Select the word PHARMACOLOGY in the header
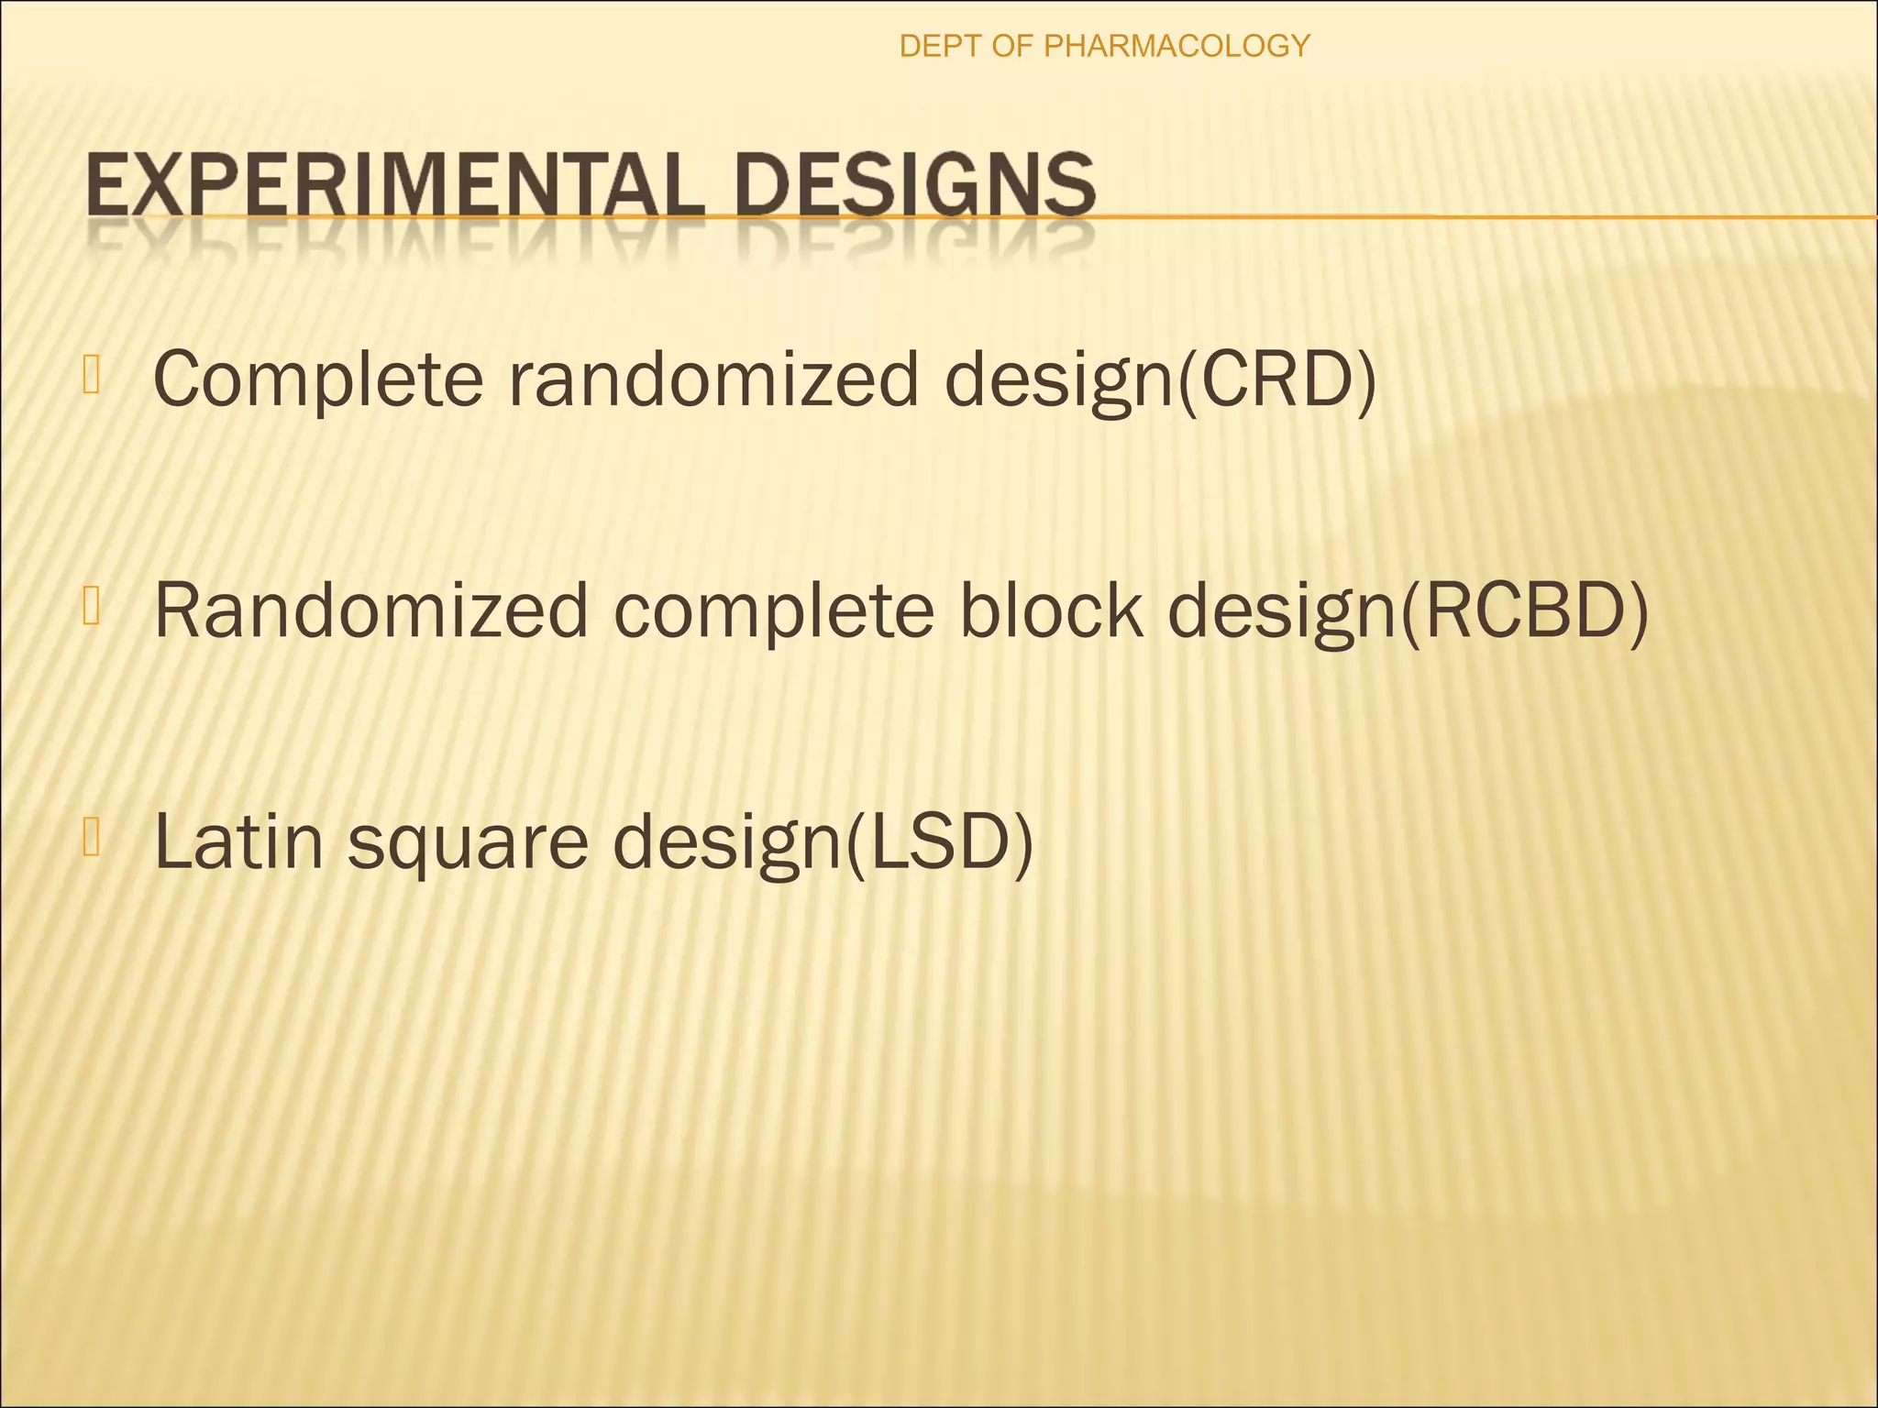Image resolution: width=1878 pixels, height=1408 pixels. [1177, 46]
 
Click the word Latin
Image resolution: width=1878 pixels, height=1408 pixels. [239, 841]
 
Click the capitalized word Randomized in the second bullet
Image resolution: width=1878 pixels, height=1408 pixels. [370, 610]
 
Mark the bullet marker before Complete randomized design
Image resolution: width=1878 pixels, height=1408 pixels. [90, 375]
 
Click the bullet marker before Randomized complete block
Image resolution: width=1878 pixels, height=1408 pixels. [90, 607]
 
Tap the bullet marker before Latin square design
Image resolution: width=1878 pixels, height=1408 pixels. [90, 839]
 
